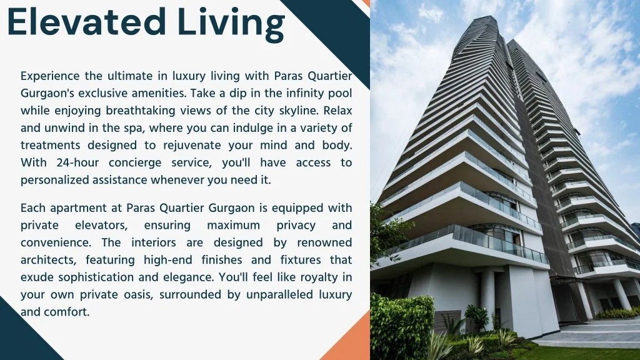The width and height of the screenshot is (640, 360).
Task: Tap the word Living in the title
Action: point(231,25)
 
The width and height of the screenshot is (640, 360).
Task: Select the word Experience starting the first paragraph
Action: point(50,76)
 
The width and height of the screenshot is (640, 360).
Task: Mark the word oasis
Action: point(138,295)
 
